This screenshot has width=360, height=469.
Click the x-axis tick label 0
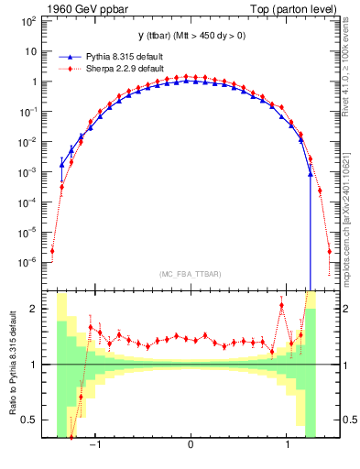(x=190, y=444)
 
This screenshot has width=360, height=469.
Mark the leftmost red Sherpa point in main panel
(x=52, y=250)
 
